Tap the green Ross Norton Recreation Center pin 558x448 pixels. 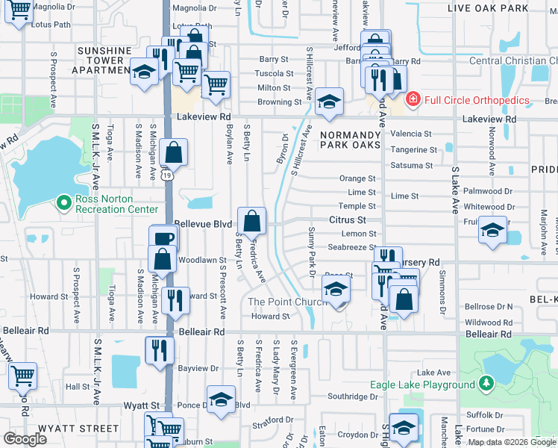coord(65,202)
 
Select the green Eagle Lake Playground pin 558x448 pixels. coord(486,385)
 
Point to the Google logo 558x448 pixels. coord(25,439)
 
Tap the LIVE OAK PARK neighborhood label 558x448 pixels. coord(487,8)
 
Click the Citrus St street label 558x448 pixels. coord(348,220)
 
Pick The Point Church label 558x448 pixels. coord(287,302)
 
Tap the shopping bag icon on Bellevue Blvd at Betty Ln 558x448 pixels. coord(252,220)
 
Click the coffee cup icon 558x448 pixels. coord(163,238)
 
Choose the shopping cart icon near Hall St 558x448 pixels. coord(23,376)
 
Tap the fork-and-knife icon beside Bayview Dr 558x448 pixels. coord(160,349)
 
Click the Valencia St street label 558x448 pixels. coord(411,134)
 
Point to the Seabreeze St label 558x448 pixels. coord(351,247)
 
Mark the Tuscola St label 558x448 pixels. coord(274,74)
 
